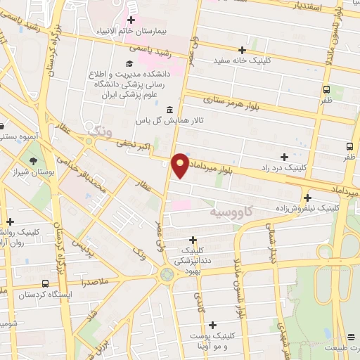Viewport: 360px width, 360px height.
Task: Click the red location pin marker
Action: [x=181, y=165]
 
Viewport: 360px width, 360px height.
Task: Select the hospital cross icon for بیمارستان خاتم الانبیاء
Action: [x=131, y=19]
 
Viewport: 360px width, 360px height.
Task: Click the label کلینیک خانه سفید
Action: [x=243, y=60]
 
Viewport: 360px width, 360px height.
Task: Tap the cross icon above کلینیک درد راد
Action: [x=284, y=157]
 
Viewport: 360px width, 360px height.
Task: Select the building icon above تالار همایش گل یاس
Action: [x=169, y=110]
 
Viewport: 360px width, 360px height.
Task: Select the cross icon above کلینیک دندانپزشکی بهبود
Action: [x=193, y=239]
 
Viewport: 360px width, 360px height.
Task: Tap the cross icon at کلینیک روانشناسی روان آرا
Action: [x=10, y=221]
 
